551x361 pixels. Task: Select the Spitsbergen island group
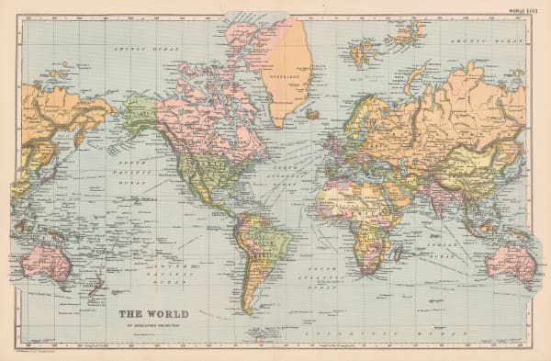pos(365,51)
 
